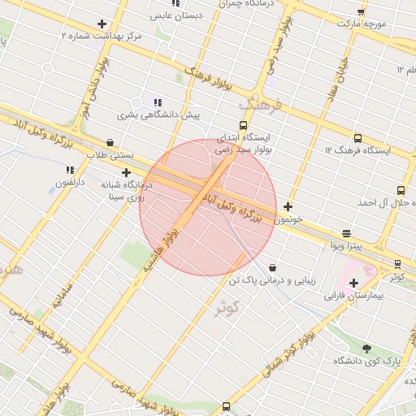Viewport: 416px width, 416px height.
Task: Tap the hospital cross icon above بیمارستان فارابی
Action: pyautogui.click(x=353, y=283)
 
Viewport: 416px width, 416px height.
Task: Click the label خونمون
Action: pyautogui.click(x=288, y=219)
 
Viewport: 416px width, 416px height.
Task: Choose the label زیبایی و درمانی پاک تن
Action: pyautogui.click(x=271, y=279)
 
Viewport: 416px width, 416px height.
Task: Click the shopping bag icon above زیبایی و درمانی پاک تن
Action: pyautogui.click(x=271, y=266)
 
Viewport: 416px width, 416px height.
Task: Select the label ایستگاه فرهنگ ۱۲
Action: pyautogui.click(x=358, y=150)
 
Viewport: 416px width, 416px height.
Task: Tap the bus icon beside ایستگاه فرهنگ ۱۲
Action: pyautogui.click(x=401, y=149)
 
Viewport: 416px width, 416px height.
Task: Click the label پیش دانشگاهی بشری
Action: pyautogui.click(x=158, y=115)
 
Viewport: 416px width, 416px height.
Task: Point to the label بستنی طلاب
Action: pyautogui.click(x=109, y=154)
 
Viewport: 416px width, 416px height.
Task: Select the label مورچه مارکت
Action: pyautogui.click(x=365, y=24)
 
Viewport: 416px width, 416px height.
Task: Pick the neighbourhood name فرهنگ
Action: pyautogui.click(x=259, y=105)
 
